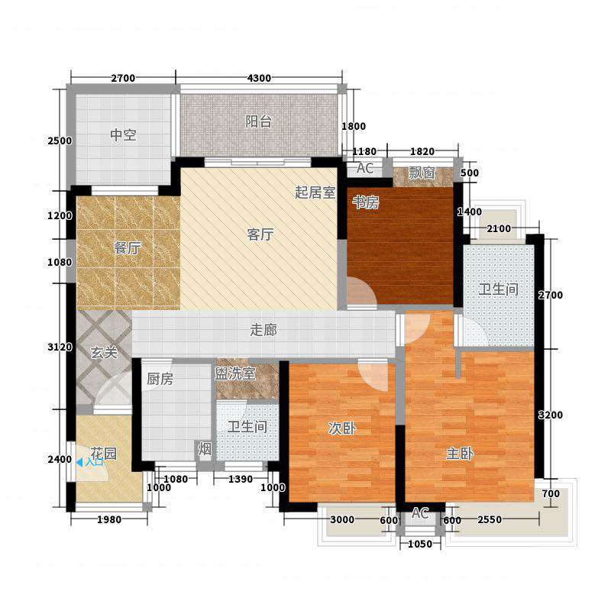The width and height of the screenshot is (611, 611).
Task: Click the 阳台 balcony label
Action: pos(258,121)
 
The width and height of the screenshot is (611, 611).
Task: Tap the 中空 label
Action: pos(123,135)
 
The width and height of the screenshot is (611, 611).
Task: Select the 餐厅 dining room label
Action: pos(127,247)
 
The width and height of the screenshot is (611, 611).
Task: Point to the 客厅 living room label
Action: pos(260,234)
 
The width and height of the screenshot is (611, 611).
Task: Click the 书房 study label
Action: pos(366,202)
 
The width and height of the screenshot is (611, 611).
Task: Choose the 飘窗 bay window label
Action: pos(422,173)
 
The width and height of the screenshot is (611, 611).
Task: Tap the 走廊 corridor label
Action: pos(263,330)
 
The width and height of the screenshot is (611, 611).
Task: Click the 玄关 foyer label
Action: pos(104,353)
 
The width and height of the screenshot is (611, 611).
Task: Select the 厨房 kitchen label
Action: pos(160,379)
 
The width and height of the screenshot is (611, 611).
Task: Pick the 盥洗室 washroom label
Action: pos(235,373)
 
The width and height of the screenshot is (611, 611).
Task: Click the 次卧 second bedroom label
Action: pos(342,428)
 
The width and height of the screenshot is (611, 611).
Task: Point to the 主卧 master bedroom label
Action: pos(460,454)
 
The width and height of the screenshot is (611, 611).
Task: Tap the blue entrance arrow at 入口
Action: pos(79,463)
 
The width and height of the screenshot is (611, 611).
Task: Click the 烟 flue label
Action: pos(205,449)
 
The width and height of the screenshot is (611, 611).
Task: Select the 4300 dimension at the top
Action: pos(259,78)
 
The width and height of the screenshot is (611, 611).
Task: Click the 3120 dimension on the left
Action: pos(60,347)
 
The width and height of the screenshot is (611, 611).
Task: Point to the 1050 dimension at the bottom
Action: pos(420,544)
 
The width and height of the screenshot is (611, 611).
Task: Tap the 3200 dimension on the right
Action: pos(550,415)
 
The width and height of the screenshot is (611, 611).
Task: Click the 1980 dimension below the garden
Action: pos(109,519)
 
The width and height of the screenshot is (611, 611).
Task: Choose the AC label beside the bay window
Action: pos(365,168)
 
